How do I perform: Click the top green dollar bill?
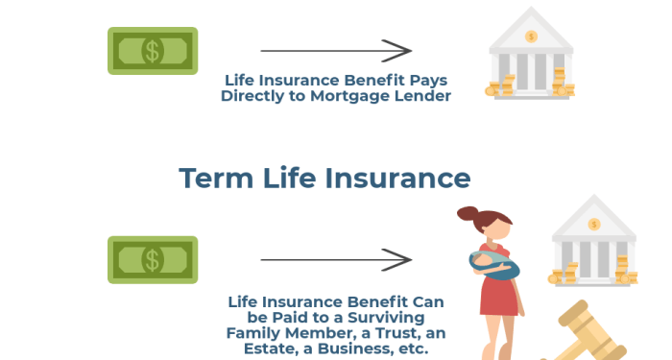152,50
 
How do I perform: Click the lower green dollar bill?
152,259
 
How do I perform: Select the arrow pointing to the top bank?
335,50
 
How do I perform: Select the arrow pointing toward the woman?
335,259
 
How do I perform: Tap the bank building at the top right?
531,58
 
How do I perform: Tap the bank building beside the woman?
592,245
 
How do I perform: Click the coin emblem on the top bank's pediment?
531,36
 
